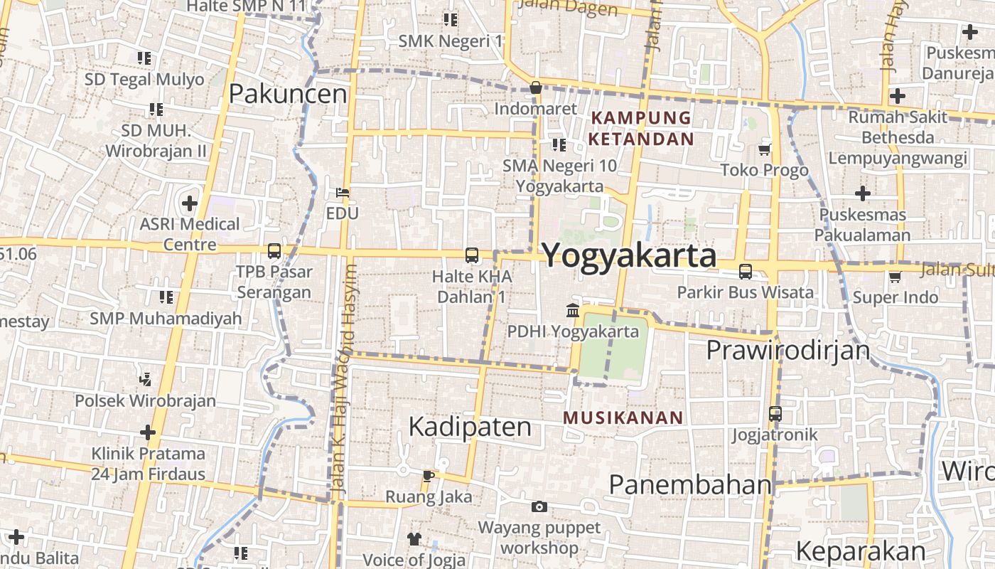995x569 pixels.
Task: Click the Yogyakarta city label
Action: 630,256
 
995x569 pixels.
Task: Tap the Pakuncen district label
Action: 288,94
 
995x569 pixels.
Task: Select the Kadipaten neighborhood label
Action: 470,427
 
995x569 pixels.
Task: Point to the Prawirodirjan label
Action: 788,351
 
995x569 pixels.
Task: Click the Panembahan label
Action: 690,484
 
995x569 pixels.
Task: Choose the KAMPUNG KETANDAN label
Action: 641,128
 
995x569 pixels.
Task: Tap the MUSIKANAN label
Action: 623,418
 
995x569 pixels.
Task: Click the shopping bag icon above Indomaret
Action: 536,88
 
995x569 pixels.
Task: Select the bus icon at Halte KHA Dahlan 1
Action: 471,255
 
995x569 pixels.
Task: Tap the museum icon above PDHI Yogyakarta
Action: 573,310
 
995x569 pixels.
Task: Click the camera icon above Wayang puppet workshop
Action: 539,506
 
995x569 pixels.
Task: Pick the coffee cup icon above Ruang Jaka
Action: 428,475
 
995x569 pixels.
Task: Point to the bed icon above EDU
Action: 342,193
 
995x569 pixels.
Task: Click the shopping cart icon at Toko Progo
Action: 765,149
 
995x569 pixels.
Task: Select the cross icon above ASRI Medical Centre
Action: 190,203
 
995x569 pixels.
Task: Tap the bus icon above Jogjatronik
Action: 775,413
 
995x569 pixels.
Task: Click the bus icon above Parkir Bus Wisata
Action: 746,271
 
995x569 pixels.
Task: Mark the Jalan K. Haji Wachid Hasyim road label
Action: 343,381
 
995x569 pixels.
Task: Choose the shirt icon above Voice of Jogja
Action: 414,538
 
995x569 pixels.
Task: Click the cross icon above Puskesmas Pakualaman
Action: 863,193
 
